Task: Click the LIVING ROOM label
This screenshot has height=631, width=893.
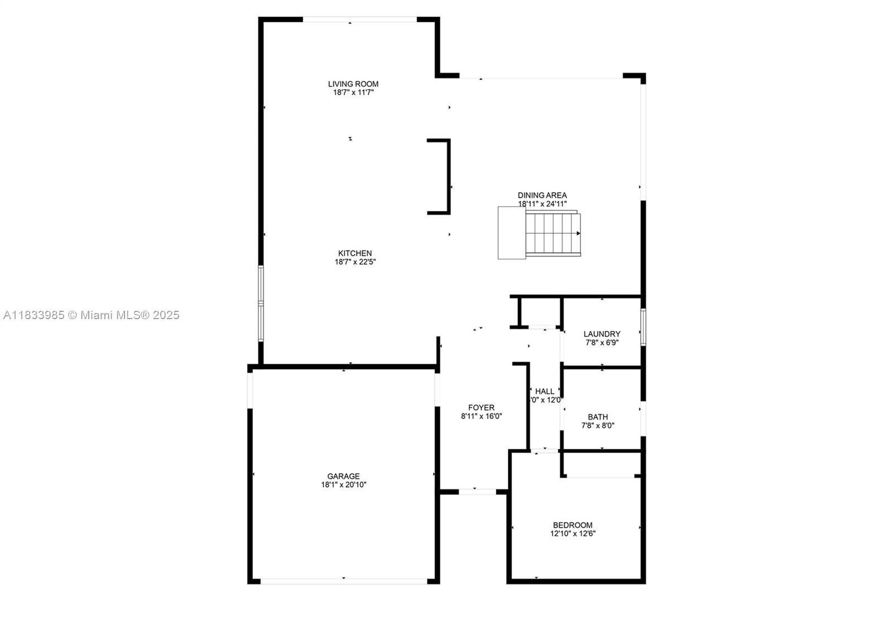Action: (x=353, y=84)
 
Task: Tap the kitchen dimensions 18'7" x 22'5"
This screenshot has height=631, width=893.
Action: (x=355, y=262)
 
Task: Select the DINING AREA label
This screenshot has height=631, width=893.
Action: (x=542, y=195)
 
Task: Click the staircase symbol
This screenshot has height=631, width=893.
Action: (x=540, y=233)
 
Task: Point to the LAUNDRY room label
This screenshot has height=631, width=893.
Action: (x=602, y=334)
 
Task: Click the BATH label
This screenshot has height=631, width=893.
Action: (x=598, y=417)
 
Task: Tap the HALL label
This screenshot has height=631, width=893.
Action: (x=545, y=392)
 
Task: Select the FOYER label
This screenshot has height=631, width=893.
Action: (x=481, y=408)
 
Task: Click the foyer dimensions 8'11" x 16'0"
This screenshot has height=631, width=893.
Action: (x=481, y=416)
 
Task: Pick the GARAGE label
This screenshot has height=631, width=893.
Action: (x=343, y=476)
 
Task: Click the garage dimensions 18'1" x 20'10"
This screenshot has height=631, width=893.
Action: (x=343, y=485)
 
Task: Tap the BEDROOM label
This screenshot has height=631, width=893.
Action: (x=573, y=525)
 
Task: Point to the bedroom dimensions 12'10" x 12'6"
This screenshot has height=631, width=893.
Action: (x=573, y=533)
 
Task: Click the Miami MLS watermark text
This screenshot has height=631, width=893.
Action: (x=92, y=315)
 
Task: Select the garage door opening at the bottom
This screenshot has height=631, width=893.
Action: (x=344, y=581)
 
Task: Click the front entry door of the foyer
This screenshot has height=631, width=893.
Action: (x=477, y=492)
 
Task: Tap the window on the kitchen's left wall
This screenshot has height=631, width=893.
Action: (x=261, y=303)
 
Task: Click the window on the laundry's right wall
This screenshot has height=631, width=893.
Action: (x=643, y=327)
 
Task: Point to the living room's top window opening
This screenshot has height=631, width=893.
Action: (x=360, y=20)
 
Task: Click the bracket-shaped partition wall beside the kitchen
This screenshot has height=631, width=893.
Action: (x=447, y=176)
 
